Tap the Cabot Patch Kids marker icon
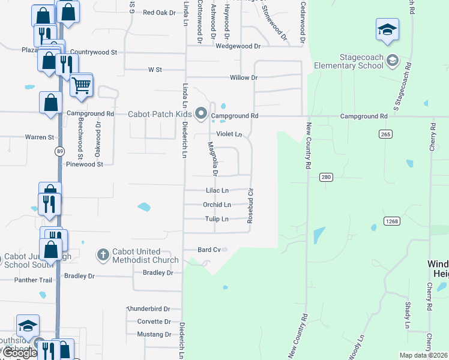[202, 113]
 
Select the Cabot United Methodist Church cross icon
[103, 256]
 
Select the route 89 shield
[58, 151]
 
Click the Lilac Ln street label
[217, 190]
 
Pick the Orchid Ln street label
[217, 205]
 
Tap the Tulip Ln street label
[217, 219]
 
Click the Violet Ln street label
[229, 134]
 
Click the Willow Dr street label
[244, 78]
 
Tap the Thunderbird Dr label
[149, 308]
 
